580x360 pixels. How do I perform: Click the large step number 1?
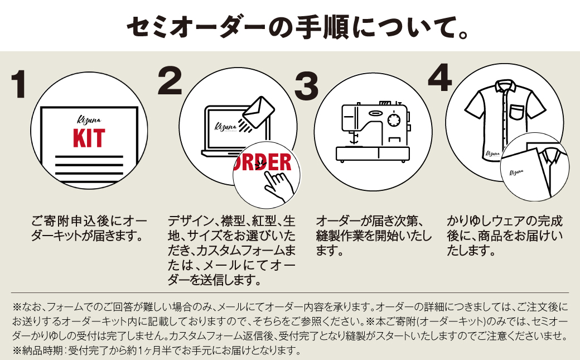click(x=20, y=85)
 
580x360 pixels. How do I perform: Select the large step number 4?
click(x=439, y=78)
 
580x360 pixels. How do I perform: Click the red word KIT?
click(x=89, y=138)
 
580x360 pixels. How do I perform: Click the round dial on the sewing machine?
click(x=394, y=119)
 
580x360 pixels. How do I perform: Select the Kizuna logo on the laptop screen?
click(x=226, y=126)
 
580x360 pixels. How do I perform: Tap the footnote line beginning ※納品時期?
click(x=156, y=351)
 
